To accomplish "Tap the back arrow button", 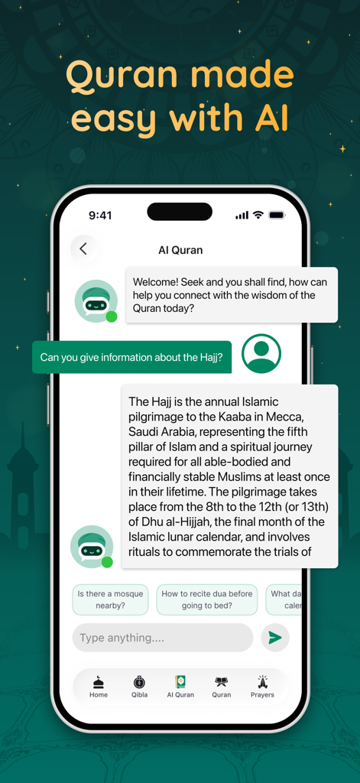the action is click(83, 249).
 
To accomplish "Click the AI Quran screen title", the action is click(180, 250).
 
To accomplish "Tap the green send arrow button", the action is click(275, 638).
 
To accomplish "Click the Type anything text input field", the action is click(162, 638).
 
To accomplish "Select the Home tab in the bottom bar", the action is click(99, 686).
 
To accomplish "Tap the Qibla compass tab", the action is click(139, 686).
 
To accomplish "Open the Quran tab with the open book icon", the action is click(221, 686).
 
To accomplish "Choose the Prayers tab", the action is click(262, 686).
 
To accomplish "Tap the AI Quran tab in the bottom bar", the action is click(180, 686).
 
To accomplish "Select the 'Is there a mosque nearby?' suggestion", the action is click(111, 599).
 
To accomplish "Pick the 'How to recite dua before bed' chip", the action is click(207, 599).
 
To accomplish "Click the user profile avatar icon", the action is click(261, 354).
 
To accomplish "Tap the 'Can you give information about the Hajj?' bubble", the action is click(131, 357).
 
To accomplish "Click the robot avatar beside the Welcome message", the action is click(96, 301).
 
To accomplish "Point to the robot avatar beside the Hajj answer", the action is click(92, 546).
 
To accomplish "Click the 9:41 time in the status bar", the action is click(101, 216).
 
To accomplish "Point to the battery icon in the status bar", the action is click(276, 215).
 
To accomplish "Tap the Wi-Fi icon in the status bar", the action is click(258, 215).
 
